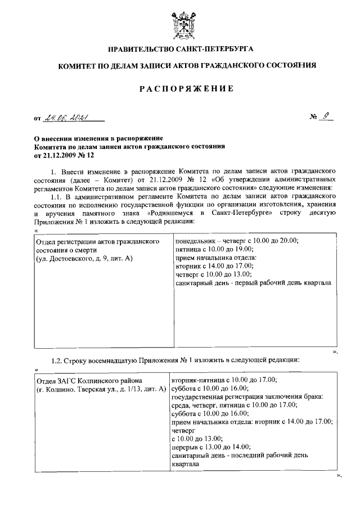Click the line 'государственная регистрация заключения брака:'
247,398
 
